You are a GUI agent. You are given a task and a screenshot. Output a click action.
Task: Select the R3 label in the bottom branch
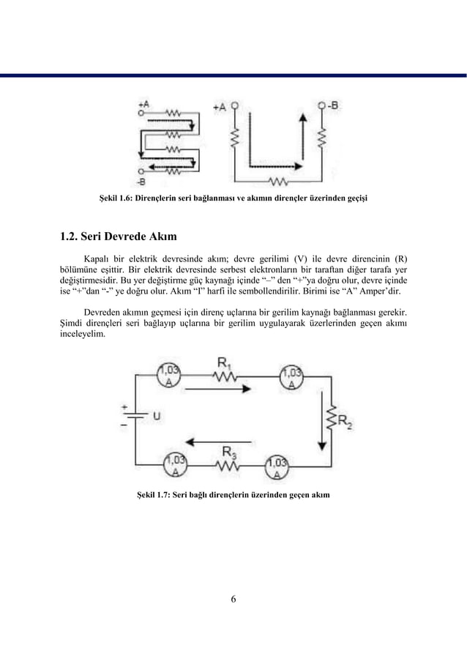click(x=228, y=451)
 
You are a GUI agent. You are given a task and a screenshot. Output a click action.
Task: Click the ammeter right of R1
click(x=293, y=376)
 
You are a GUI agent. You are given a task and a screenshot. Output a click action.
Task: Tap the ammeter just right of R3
click(x=277, y=467)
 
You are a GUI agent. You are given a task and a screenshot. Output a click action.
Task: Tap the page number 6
click(x=233, y=600)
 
